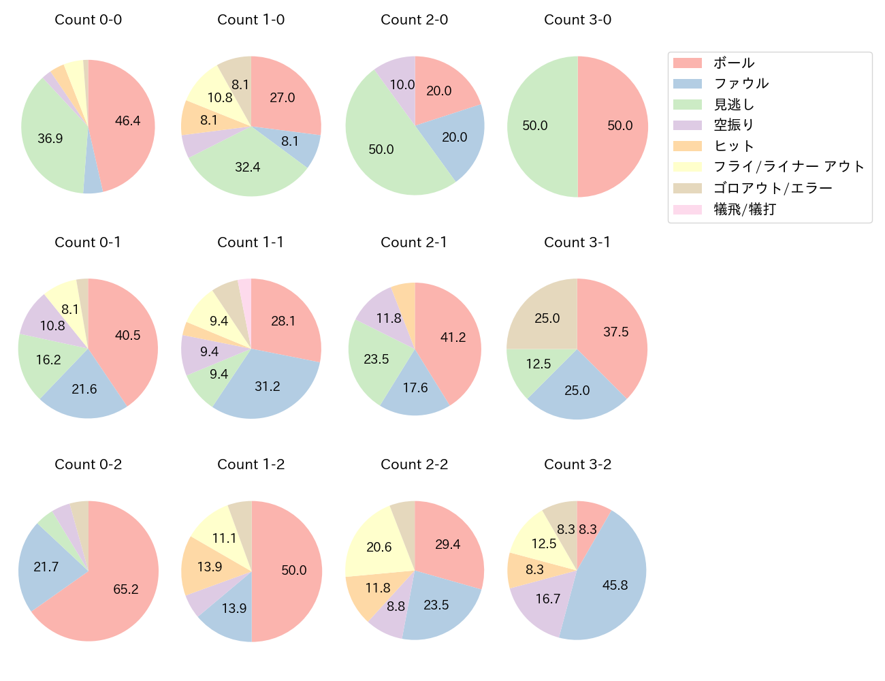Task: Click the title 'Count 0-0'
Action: click(x=88, y=20)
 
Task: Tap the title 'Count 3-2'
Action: click(x=577, y=464)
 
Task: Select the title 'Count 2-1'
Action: click(x=414, y=242)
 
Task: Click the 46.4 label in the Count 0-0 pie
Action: click(x=127, y=121)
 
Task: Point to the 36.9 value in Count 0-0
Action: click(x=50, y=138)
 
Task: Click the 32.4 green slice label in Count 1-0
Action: click(x=247, y=167)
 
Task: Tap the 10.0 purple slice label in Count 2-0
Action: click(x=402, y=84)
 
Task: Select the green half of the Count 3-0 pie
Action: click(x=538, y=126)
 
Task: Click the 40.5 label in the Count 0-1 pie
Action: click(x=127, y=335)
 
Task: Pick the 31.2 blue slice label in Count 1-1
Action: click(x=267, y=386)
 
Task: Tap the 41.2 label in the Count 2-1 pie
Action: click(x=453, y=337)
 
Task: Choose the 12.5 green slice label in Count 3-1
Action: click(x=538, y=364)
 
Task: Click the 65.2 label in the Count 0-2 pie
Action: click(x=126, y=589)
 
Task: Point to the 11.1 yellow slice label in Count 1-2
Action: click(x=224, y=538)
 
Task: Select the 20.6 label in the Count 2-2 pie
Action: click(x=379, y=547)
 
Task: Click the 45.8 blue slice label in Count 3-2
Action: click(x=615, y=585)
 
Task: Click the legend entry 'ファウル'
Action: click(x=741, y=84)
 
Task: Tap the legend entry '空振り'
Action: click(x=733, y=125)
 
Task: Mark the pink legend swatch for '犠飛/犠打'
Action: click(x=687, y=210)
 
